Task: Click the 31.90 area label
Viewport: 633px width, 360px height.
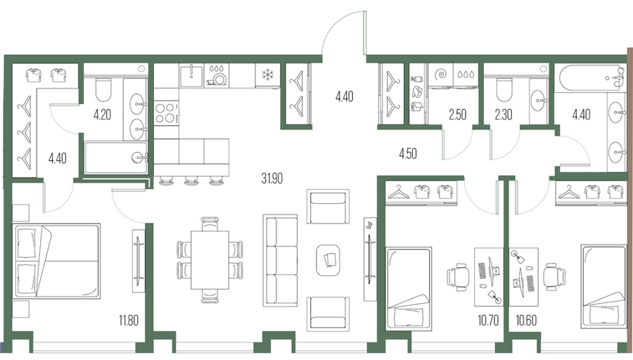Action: point(271,178)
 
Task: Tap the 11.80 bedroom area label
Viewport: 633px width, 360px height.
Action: point(129,321)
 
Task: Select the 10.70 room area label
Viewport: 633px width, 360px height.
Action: point(488,321)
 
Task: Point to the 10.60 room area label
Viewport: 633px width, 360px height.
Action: point(526,321)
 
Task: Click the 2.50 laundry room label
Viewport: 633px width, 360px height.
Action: point(457,115)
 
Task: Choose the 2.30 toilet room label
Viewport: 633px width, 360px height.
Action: point(504,115)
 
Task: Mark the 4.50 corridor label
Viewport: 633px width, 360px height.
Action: point(408,154)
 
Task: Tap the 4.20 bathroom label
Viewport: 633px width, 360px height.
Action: point(102,115)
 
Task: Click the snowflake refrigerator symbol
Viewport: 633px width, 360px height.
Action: point(267,75)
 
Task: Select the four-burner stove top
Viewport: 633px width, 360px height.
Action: point(166,113)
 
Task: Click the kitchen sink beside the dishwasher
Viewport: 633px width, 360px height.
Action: point(191,76)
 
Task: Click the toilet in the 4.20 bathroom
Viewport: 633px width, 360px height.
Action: point(103,89)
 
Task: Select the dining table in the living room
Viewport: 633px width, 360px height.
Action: point(210,260)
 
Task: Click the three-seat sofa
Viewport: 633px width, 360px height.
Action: point(281,260)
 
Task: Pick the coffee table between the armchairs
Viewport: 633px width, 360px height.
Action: point(328,260)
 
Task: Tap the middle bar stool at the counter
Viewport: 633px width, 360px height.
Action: point(191,181)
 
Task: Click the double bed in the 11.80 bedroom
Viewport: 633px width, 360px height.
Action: point(56,261)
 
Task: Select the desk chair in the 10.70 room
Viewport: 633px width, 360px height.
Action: point(458,278)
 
